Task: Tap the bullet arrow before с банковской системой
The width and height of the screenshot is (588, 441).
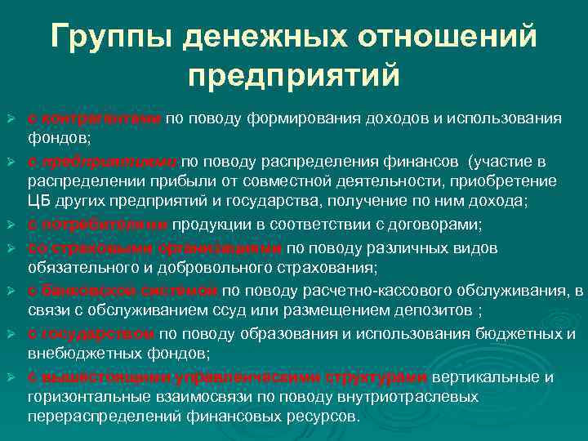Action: click(x=12, y=290)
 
